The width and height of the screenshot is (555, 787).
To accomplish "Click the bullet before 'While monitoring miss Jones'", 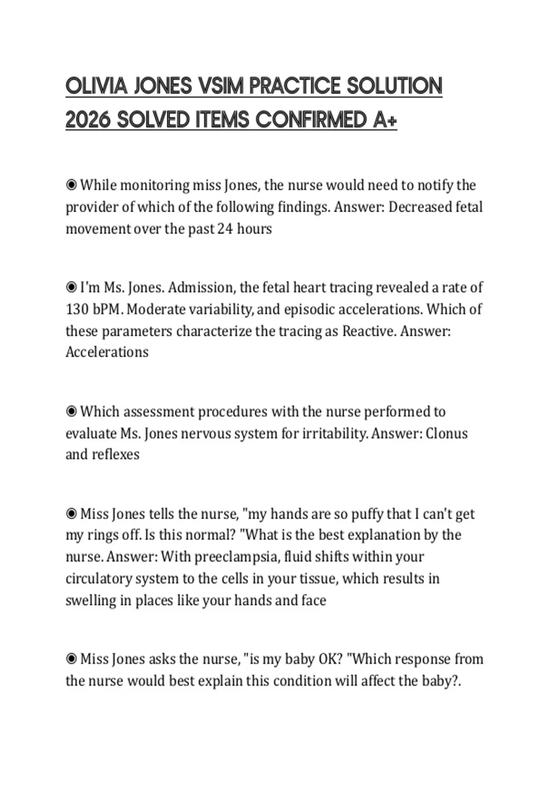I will [71, 185].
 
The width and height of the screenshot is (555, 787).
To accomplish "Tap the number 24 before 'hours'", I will [225, 229].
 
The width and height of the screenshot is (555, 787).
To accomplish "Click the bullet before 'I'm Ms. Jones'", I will [71, 287].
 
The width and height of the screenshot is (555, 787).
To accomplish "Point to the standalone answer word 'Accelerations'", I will [107, 352].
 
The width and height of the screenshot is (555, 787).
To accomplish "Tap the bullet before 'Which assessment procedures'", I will [71, 412].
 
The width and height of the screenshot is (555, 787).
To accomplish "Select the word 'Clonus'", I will [446, 433].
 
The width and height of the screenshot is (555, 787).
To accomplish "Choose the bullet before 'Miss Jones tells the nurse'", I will [71, 514].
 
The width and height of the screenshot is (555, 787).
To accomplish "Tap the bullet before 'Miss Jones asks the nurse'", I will [71, 659].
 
